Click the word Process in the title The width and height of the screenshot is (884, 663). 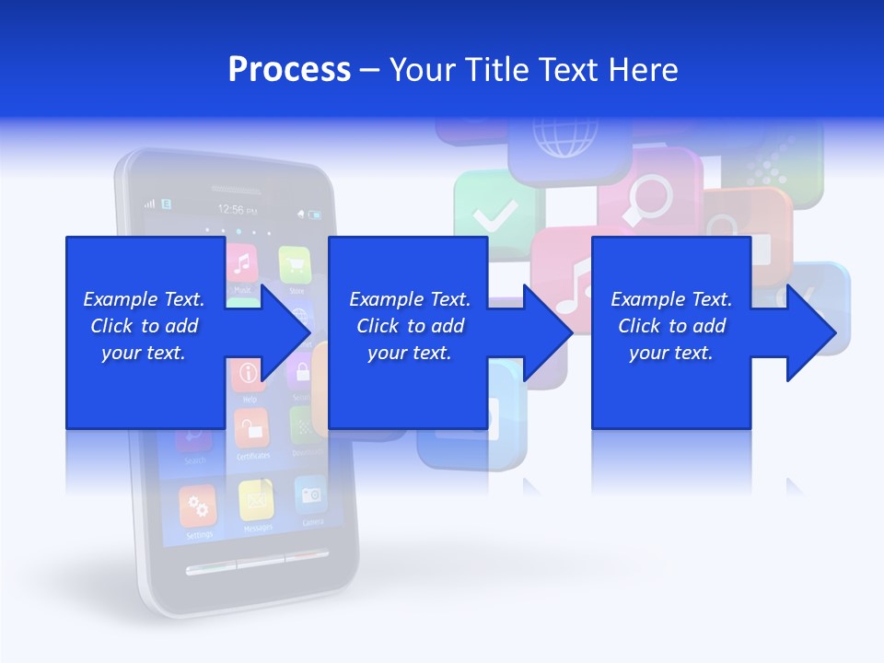[289, 70]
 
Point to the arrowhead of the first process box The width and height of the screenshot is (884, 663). [285, 332]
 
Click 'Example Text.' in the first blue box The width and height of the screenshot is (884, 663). [144, 299]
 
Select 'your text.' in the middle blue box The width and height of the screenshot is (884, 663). [409, 353]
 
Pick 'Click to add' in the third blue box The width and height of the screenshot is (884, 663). [671, 326]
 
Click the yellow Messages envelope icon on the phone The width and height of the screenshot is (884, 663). [256, 500]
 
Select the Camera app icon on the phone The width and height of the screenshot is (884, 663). [311, 494]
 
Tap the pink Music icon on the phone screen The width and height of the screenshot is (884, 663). [242, 263]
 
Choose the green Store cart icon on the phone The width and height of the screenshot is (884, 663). [296, 264]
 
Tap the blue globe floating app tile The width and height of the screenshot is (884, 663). [564, 147]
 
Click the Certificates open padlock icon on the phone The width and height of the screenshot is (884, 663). [251, 428]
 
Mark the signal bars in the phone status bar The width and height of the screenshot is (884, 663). [150, 203]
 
